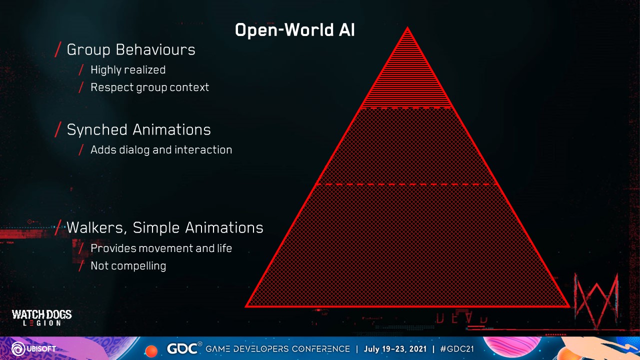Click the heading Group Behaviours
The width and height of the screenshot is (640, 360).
(x=131, y=49)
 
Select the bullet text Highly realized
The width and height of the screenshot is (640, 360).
(x=128, y=70)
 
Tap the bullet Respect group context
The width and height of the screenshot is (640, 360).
(x=149, y=87)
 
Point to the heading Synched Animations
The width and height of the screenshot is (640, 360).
(x=139, y=129)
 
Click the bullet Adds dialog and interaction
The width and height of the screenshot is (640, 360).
(x=161, y=150)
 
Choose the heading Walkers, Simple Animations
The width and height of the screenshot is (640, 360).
(x=165, y=227)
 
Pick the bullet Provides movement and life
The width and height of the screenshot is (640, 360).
(x=161, y=248)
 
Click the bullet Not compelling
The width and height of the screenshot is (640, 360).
(x=128, y=266)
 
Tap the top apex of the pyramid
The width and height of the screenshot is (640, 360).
(x=407, y=27)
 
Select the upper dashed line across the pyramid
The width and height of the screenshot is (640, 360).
(x=406, y=108)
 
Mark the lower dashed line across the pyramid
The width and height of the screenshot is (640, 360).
(x=407, y=184)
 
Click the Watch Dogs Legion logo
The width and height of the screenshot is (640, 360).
(x=41, y=317)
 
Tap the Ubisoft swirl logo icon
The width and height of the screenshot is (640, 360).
(x=18, y=349)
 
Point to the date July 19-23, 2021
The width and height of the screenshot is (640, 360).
(x=395, y=349)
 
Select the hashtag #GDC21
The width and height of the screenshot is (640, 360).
(x=457, y=349)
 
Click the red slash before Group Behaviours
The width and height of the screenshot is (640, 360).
(x=58, y=49)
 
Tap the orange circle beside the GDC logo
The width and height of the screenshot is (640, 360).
(x=151, y=351)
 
